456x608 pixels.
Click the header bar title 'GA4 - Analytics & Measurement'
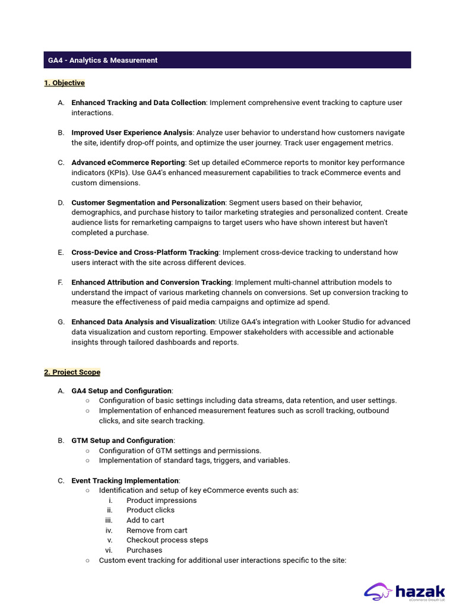(x=103, y=60)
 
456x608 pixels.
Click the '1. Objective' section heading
(x=64, y=83)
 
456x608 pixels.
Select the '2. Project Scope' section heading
(x=72, y=372)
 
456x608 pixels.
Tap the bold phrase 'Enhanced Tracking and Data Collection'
(x=138, y=103)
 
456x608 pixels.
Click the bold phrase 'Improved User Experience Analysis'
(x=132, y=132)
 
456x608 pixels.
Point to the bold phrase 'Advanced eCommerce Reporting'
(x=128, y=163)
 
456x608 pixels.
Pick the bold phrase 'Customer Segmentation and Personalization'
(x=148, y=202)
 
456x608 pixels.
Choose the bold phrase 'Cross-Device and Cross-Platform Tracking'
(x=145, y=252)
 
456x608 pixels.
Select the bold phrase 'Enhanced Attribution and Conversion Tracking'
(x=151, y=283)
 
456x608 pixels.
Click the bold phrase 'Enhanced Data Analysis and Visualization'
(x=142, y=322)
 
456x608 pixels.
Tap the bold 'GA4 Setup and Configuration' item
(x=121, y=391)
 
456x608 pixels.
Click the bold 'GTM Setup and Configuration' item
(x=122, y=441)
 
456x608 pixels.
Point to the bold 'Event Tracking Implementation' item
(x=125, y=480)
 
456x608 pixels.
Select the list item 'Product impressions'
(x=161, y=501)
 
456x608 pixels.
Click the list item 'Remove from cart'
(x=157, y=530)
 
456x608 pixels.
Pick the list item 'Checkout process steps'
(x=167, y=540)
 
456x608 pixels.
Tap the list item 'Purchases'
(x=144, y=550)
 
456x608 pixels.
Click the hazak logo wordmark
(x=420, y=591)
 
